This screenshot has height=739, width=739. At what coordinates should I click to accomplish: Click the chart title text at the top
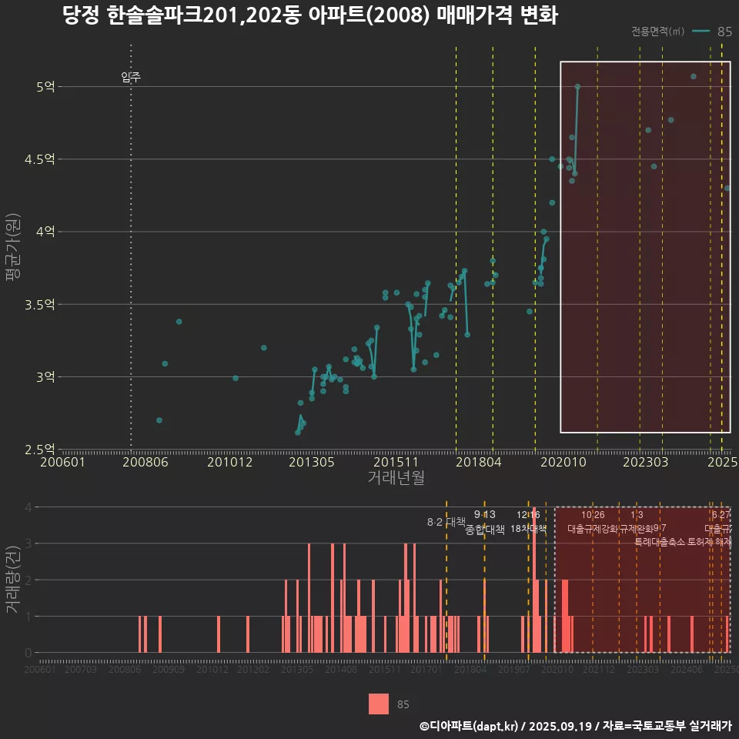310,15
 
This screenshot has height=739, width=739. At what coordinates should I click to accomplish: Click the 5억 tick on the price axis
45,87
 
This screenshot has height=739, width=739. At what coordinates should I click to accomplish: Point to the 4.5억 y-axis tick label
40,159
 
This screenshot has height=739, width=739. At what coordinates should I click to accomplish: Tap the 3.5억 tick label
40,305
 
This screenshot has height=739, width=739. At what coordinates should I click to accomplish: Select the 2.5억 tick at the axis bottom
40,450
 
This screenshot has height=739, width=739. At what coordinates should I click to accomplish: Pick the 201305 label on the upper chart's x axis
311,463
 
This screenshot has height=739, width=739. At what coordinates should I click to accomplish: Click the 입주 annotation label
131,77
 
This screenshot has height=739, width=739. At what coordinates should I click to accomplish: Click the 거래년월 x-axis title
396,479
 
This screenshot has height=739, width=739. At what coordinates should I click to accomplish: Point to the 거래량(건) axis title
13,580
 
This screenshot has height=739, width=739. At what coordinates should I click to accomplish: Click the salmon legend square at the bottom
378,704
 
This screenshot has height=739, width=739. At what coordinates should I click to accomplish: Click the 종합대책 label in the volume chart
485,530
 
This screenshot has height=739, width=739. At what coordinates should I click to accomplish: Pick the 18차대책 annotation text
528,529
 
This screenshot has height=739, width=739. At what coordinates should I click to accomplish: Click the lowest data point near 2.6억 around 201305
298,433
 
